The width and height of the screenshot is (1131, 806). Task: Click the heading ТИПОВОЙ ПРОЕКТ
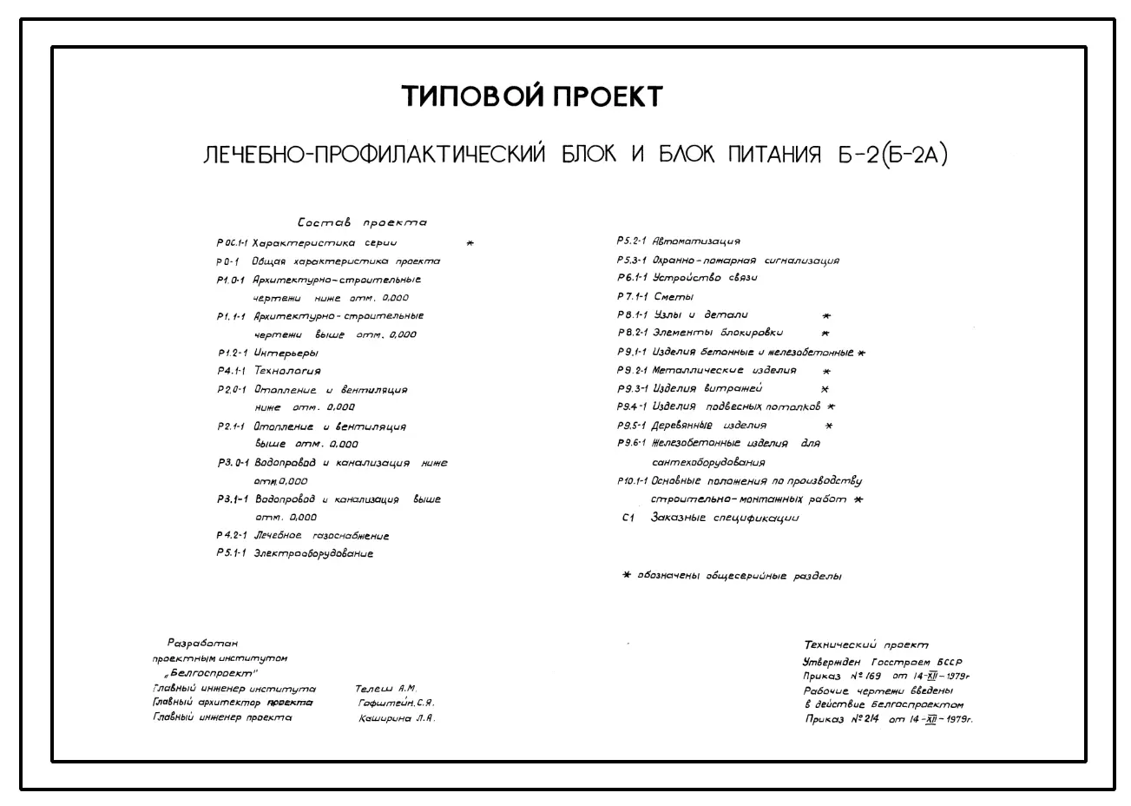(531, 96)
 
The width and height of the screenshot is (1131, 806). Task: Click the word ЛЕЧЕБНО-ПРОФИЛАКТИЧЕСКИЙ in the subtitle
(373, 155)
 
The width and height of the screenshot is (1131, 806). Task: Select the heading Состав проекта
(362, 223)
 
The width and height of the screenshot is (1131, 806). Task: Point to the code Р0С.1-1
(233, 244)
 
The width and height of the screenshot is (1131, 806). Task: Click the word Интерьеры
(286, 353)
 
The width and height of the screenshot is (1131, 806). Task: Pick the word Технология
(286, 371)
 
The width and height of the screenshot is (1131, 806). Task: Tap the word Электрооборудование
(313, 554)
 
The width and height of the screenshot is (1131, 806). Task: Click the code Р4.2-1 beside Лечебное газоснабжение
(232, 536)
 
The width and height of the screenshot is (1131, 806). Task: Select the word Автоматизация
(695, 241)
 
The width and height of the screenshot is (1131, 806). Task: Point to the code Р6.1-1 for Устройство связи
(632, 278)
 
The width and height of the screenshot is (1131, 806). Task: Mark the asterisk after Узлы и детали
(826, 316)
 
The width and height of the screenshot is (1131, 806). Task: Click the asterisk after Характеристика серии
(470, 244)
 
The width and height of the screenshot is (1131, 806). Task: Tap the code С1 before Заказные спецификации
(629, 519)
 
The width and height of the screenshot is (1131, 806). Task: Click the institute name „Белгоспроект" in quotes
(211, 674)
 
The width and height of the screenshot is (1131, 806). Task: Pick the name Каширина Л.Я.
(397, 719)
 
